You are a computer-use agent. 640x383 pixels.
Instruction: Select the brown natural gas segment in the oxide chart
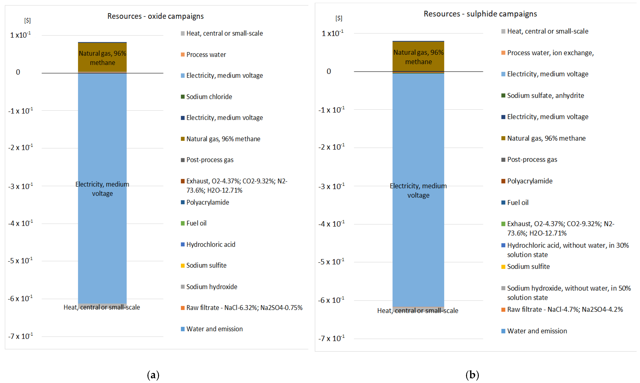click(x=102, y=57)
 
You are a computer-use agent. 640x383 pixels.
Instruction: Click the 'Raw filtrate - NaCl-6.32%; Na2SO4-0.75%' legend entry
click(x=244, y=308)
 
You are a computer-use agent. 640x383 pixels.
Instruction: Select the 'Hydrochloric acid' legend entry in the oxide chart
click(x=210, y=244)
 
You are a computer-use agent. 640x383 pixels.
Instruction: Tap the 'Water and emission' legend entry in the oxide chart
click(x=214, y=329)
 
